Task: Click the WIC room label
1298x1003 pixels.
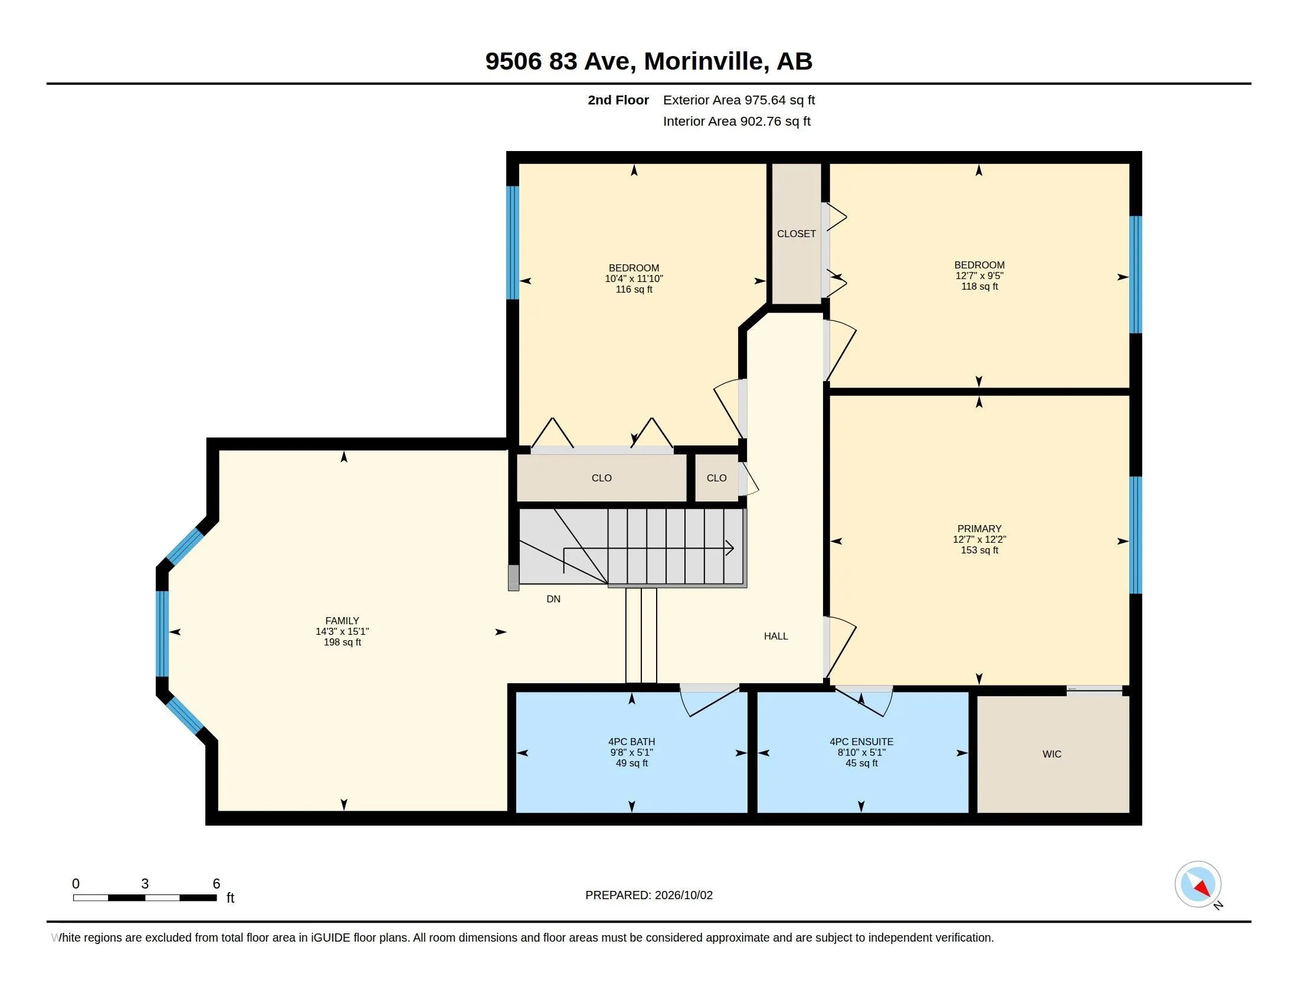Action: coord(1051,754)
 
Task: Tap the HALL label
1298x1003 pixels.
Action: coord(776,636)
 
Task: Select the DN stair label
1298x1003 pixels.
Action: coord(553,599)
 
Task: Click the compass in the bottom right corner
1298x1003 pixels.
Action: coord(1198,884)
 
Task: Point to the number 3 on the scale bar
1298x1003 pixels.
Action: coord(145,884)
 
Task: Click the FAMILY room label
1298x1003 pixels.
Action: coord(342,620)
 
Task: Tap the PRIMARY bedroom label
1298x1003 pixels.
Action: coord(979,528)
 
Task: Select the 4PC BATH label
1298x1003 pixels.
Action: coord(631,742)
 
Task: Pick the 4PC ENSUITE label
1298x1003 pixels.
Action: coord(861,742)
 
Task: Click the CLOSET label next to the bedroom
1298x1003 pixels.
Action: coord(796,234)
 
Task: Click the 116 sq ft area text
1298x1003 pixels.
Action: coord(634,289)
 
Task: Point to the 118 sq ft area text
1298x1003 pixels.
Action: coord(979,286)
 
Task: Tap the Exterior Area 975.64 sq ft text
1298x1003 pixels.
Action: coord(739,100)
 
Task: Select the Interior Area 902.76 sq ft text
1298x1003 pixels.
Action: coord(736,121)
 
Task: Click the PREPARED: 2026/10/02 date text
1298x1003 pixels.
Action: coord(649,895)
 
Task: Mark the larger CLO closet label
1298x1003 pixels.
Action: coord(601,478)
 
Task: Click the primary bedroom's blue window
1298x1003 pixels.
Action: coord(1135,535)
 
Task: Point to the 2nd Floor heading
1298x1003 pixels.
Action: coord(618,100)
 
